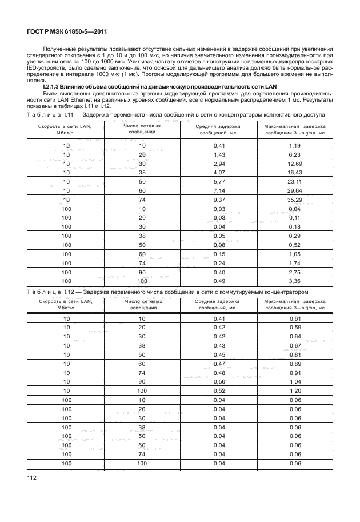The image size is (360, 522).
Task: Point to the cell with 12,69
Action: click(295, 163)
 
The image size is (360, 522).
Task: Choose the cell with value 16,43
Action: click(295, 172)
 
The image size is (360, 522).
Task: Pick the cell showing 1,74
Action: click(295, 262)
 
